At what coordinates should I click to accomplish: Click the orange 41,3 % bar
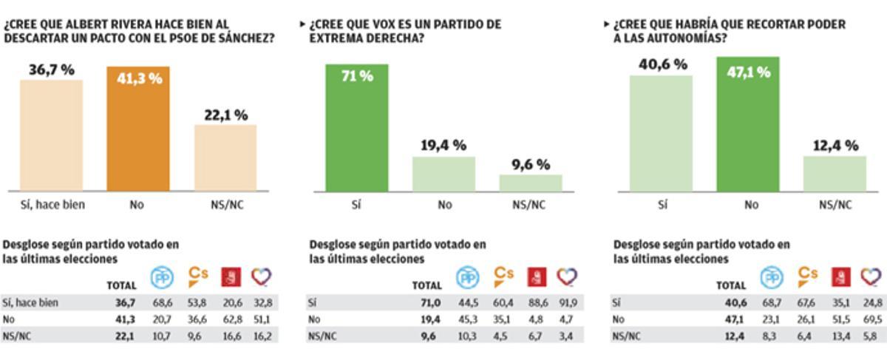coord(137,129)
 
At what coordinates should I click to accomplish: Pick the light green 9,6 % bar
coord(530,183)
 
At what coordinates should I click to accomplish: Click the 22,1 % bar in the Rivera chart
coord(225,157)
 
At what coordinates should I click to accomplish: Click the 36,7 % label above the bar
coord(52,70)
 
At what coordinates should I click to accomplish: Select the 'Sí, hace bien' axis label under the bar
coord(52,205)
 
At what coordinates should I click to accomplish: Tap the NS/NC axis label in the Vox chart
coord(530,205)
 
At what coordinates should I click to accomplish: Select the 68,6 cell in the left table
coord(162,302)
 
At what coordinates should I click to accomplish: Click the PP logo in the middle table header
coord(466,277)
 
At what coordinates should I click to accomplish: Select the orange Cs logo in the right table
coord(807,275)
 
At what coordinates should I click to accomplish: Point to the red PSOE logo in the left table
coord(231,277)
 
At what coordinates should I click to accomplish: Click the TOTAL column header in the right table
coord(731,285)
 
